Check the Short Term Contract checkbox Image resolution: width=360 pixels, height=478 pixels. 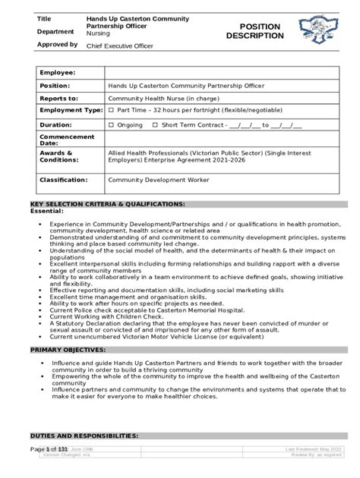pos(156,124)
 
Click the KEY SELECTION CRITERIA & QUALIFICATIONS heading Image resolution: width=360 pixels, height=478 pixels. pos(107,205)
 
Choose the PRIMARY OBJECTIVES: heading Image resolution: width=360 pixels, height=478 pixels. pos(68,351)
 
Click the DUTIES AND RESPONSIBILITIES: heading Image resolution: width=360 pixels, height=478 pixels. pos(84,436)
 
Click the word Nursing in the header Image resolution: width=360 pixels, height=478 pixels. pos(98,34)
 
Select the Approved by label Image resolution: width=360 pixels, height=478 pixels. pos(57,45)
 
